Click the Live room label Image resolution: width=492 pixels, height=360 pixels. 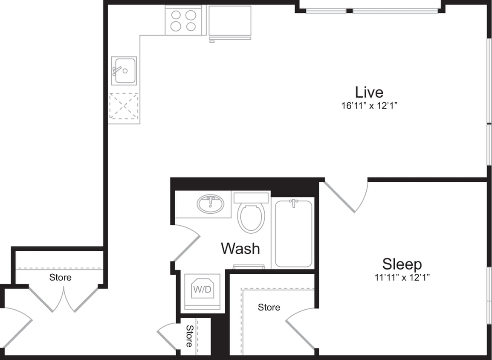click(369, 92)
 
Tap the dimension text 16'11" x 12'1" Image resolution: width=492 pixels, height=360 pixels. click(369, 106)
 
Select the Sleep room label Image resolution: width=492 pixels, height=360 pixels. click(402, 264)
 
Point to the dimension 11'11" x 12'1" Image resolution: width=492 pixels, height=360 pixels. click(402, 277)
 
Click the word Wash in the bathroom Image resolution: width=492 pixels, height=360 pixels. click(240, 248)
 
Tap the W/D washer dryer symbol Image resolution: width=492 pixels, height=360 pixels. click(202, 290)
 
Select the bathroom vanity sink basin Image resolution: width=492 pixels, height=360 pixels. click(210, 204)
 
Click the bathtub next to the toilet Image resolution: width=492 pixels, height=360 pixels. click(293, 234)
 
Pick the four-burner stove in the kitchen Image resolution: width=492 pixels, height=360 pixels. click(183, 20)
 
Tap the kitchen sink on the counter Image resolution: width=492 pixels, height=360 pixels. click(124, 71)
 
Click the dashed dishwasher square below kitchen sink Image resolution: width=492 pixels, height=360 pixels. click(124, 106)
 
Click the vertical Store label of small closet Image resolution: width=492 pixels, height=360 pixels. click(189, 336)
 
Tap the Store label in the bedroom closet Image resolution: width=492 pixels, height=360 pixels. click(269, 307)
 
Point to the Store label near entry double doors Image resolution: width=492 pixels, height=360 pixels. click(60, 278)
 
